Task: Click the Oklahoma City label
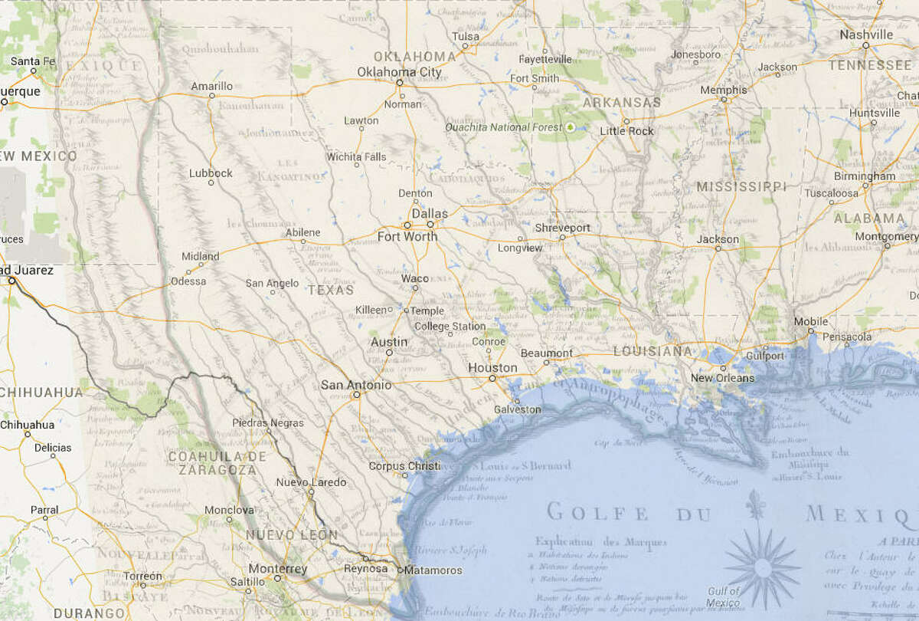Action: point(399,72)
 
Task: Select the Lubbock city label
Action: point(211,173)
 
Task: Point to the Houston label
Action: point(492,368)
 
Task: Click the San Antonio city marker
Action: point(356,395)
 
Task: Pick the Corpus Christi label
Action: point(405,466)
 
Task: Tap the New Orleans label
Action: point(722,378)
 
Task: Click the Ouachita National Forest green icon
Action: point(570,127)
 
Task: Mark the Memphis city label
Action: point(724,90)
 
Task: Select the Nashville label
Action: point(866,34)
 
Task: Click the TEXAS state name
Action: point(331,291)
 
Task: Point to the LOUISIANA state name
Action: point(652,350)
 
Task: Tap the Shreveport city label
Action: point(562,228)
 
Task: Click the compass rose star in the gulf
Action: point(762,567)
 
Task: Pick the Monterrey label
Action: point(277,569)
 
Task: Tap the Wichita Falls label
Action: point(357,157)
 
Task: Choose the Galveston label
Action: point(517,409)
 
